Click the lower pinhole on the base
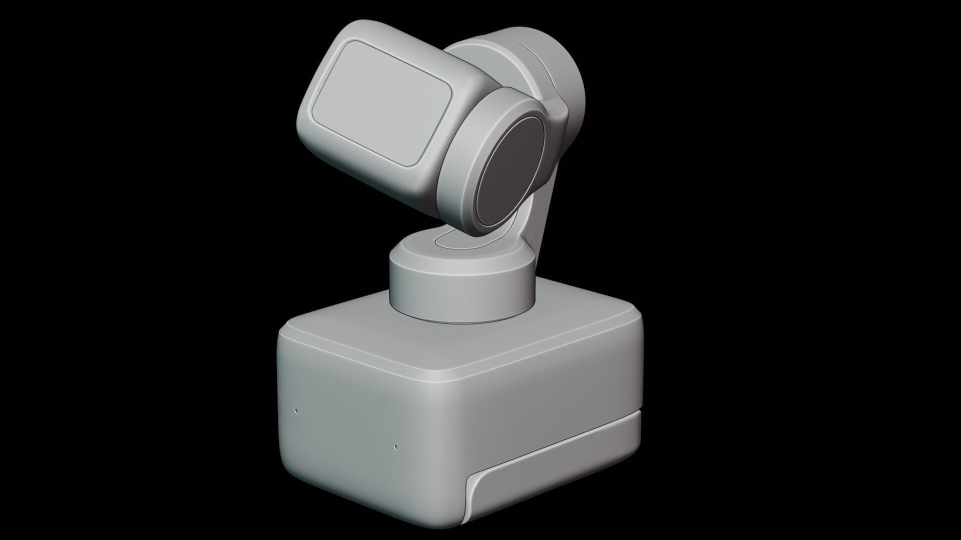(x=396, y=446)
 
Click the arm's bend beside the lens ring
(x=558, y=120)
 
